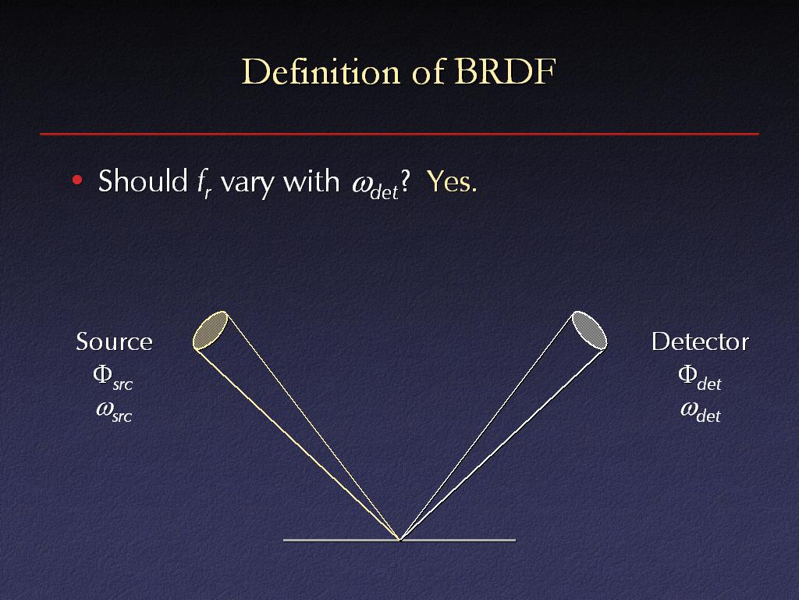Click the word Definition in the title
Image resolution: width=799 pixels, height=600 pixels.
click(321, 71)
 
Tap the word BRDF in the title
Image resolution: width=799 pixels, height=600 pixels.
click(505, 71)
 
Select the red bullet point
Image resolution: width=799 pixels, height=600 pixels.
click(77, 180)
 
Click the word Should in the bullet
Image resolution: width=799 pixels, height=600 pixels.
click(144, 180)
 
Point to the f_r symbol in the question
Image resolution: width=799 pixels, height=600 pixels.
click(204, 183)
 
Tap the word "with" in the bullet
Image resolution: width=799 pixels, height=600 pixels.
click(311, 180)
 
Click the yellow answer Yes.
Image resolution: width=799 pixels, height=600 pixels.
click(452, 181)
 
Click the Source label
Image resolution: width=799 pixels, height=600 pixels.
click(114, 341)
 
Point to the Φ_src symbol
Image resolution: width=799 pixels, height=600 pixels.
click(113, 378)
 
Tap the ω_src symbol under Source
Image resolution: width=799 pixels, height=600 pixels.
click(114, 412)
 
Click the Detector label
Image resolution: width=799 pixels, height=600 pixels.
click(700, 341)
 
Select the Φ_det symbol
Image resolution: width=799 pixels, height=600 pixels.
click(700, 378)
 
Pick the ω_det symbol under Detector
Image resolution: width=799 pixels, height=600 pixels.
click(701, 412)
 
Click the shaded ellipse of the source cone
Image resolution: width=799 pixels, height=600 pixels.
click(210, 330)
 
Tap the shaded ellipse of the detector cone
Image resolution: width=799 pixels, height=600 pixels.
click(590, 330)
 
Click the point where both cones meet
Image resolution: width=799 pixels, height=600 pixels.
click(400, 539)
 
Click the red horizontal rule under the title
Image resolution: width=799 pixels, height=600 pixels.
click(399, 134)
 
